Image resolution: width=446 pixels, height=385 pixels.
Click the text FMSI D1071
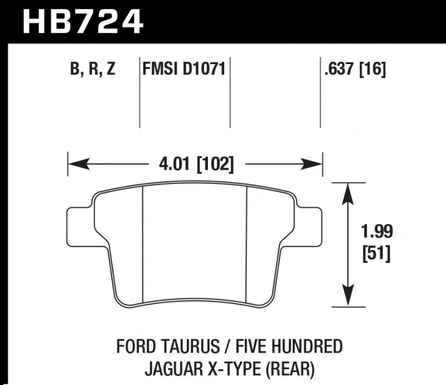184,70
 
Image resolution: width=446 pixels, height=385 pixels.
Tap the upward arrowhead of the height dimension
348,192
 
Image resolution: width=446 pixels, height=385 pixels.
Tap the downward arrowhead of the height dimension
348,296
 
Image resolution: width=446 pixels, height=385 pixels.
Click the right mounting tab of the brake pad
311,225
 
